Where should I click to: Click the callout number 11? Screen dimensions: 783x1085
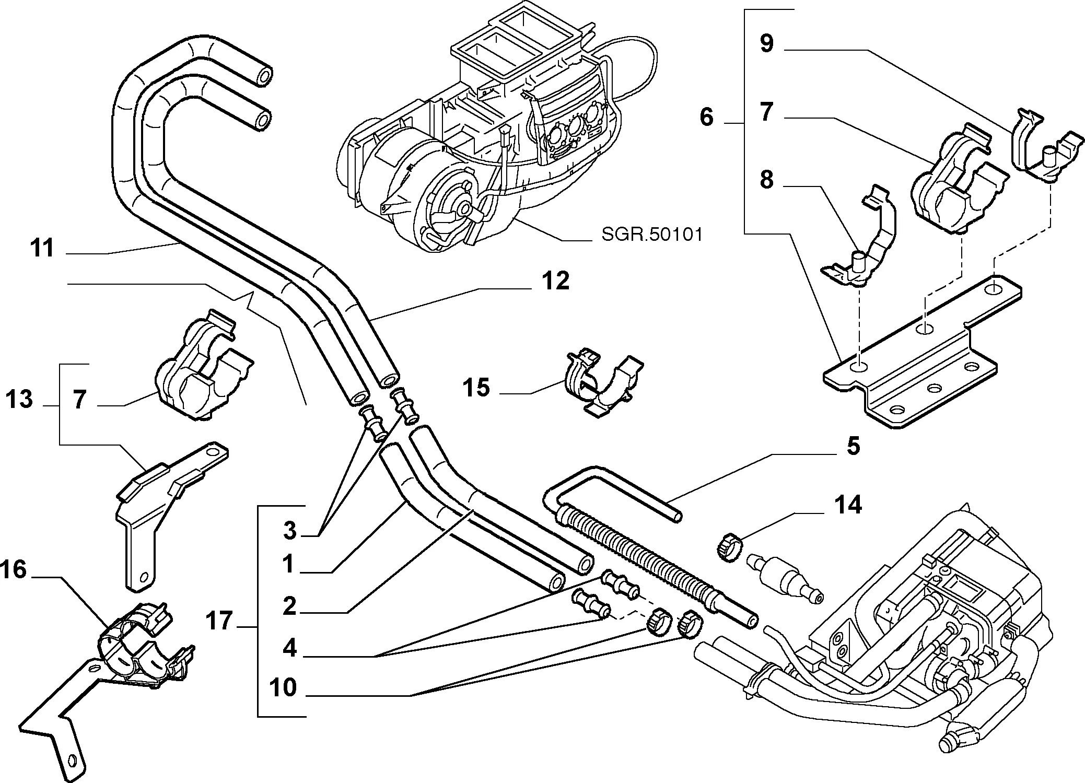pos(42,248)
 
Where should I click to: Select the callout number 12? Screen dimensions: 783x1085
pos(555,281)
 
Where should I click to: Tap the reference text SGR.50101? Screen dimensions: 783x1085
pos(652,235)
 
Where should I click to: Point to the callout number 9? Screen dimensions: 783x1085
pos(766,43)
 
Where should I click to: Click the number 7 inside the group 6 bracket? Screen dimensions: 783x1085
pos(766,112)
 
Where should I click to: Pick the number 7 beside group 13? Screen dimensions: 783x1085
pos(79,400)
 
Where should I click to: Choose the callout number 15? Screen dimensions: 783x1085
pos(476,388)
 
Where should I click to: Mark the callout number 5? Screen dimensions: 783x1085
pos(853,446)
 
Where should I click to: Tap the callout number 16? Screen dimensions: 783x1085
pos(14,569)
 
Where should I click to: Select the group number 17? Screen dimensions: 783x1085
pos(218,621)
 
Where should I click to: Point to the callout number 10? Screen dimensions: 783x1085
pos(283,687)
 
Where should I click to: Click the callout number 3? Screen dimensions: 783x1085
pos(289,531)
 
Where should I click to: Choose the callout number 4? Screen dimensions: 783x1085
pos(289,648)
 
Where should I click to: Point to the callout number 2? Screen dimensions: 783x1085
pos(289,606)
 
